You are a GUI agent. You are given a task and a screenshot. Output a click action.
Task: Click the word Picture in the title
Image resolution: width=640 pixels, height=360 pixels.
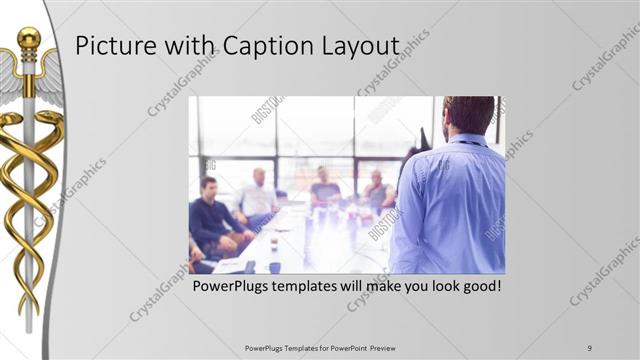[112, 47]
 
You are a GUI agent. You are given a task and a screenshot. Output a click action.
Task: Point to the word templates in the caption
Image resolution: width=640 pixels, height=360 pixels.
[312, 286]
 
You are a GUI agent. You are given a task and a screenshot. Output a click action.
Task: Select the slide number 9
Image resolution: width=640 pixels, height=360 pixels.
[590, 348]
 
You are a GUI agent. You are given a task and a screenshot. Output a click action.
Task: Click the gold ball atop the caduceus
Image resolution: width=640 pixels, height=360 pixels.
[29, 38]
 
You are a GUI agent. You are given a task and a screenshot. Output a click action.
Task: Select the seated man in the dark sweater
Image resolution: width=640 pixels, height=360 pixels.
[213, 215]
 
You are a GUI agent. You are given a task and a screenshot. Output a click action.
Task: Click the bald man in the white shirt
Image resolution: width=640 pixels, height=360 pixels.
[258, 195]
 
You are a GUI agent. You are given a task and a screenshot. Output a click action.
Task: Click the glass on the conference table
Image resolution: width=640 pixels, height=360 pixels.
[273, 242]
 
